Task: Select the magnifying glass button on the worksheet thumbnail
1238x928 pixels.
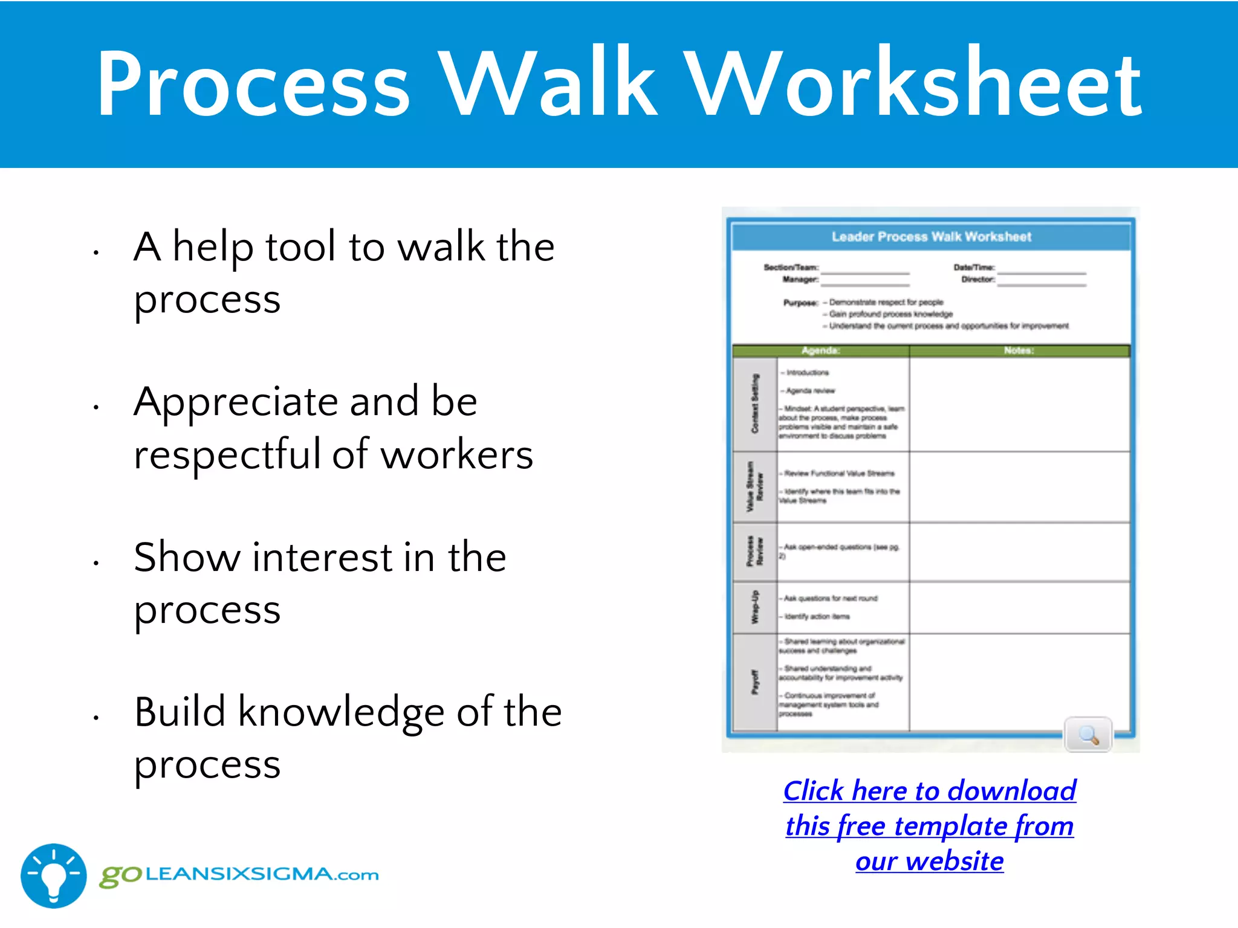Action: [1088, 735]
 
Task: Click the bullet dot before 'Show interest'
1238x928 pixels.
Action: [96, 563]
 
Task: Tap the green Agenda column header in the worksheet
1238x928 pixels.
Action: [820, 350]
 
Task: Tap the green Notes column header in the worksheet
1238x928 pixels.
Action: [1019, 350]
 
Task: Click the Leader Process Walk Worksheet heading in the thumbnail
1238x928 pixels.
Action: [931, 237]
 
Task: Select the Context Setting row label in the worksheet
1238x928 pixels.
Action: [754, 404]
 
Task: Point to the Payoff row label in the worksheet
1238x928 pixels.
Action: [754, 683]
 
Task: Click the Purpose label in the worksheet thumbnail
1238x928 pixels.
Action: [800, 303]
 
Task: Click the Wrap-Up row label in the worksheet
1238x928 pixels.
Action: [754, 607]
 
